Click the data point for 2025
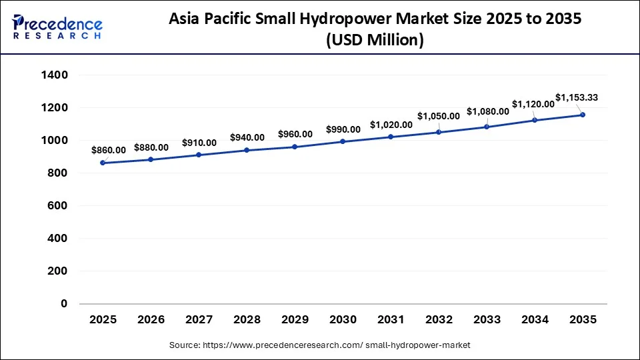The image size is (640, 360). [103, 163]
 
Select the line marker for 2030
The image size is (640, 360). [343, 141]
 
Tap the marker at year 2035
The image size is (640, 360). [583, 115]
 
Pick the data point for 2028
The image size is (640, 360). [247, 150]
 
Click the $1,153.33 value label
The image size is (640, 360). [577, 97]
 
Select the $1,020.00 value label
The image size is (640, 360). [391, 124]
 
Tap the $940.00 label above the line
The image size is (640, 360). [247, 137]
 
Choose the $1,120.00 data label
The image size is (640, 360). [533, 104]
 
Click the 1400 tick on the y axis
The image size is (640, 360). [55, 75]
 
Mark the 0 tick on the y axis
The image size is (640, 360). [64, 304]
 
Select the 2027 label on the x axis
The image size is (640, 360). [199, 320]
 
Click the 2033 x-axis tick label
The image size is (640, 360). [487, 320]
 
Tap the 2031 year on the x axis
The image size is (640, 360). [391, 320]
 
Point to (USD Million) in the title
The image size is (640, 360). [375, 41]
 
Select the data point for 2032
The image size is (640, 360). [439, 132]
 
